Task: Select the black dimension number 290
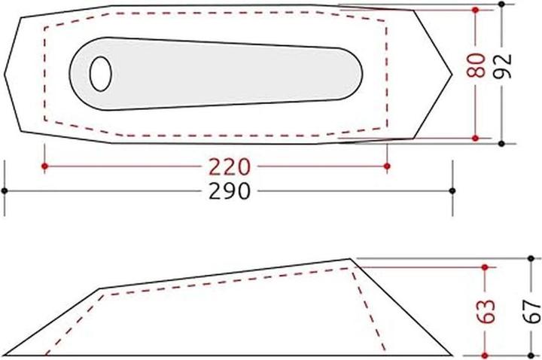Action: pyautogui.click(x=229, y=191)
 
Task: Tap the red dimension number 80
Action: pyautogui.click(x=476, y=74)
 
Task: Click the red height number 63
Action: pyautogui.click(x=486, y=310)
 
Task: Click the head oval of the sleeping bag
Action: pyautogui.click(x=100, y=74)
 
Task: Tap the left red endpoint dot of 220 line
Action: pyautogui.click(x=45, y=166)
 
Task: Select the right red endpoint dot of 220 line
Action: pyautogui.click(x=387, y=166)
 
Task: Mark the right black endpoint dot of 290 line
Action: pyautogui.click(x=452, y=191)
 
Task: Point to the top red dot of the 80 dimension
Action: pyautogui.click(x=476, y=11)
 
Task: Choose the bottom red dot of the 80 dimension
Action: pyautogui.click(x=476, y=138)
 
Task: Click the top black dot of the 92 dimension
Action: pyautogui.click(x=502, y=5)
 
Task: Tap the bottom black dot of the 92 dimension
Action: pyautogui.click(x=502, y=143)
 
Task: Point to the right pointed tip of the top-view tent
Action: pyautogui.click(x=452, y=74)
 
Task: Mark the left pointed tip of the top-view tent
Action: pyautogui.click(x=5, y=74)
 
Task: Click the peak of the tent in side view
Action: pyautogui.click(x=352, y=259)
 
